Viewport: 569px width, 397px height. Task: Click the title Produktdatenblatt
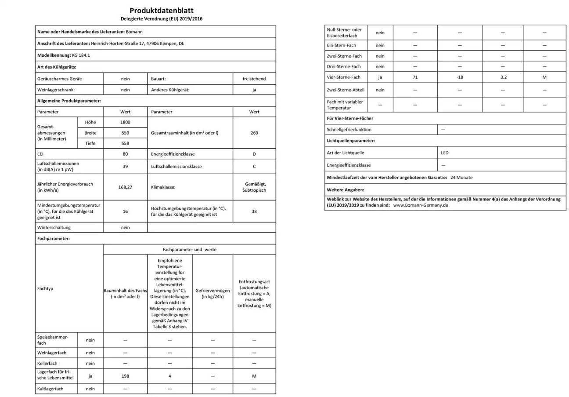(161, 10)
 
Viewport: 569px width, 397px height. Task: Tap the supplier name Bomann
(134, 32)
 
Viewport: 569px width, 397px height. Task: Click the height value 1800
(125, 122)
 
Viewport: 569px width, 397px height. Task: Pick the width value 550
(125, 133)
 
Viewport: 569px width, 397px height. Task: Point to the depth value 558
(125, 143)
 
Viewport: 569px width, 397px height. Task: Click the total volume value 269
(254, 133)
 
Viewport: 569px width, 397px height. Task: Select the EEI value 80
(125, 154)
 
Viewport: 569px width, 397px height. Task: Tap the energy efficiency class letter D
(254, 154)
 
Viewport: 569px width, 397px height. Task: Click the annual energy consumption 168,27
(125, 187)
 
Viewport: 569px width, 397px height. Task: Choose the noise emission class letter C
(254, 167)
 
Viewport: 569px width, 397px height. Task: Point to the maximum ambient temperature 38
(254, 211)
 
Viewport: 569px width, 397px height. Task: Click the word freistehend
(254, 79)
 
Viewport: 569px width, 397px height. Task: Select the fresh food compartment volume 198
(125, 376)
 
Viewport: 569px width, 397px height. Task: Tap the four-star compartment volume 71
(415, 77)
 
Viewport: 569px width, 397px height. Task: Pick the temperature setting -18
(460, 77)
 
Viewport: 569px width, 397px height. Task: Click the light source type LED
(445, 153)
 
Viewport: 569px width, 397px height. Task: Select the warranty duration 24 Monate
(461, 178)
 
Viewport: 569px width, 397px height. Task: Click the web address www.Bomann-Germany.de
(420, 205)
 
